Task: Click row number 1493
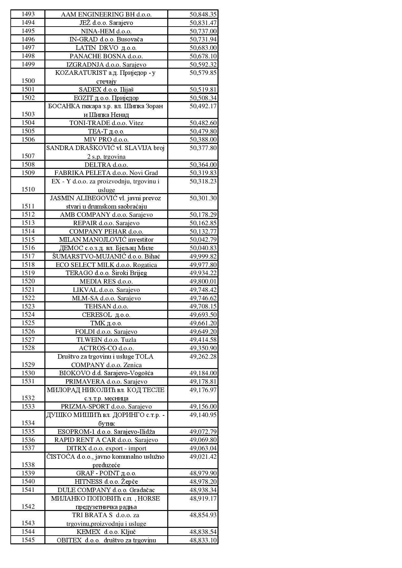pos(28,14)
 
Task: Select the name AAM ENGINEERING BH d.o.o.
pos(106,15)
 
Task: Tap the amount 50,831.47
pos(203,23)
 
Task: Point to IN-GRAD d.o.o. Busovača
pos(106,40)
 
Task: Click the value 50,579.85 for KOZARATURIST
pos(203,73)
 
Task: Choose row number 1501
pos(28,89)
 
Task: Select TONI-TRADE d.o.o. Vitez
pos(106,123)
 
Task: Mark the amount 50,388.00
pos(203,140)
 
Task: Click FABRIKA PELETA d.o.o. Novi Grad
pos(106,173)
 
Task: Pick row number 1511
pos(28,206)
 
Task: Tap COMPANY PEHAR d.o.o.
pos(106,232)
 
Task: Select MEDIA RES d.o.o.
pos(106,282)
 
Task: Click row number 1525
pos(28,323)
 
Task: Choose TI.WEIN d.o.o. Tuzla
pos(106,340)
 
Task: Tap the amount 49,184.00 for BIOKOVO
pos(203,373)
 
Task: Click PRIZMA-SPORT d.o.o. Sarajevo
pos(106,407)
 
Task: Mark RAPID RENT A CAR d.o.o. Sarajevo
pos(106,440)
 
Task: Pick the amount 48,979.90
pos(203,473)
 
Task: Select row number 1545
pos(28,540)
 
